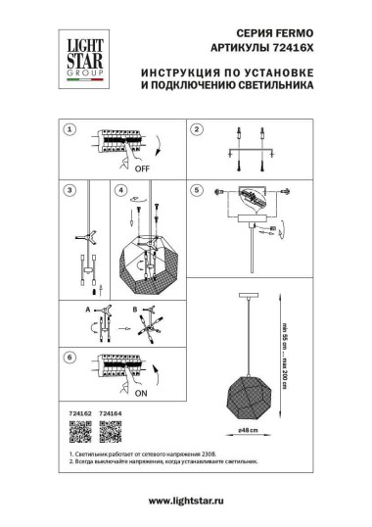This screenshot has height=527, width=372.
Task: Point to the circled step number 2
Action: [x=195, y=130]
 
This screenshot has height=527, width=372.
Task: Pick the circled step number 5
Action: [x=195, y=190]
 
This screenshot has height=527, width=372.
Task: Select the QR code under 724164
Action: [x=111, y=428]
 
